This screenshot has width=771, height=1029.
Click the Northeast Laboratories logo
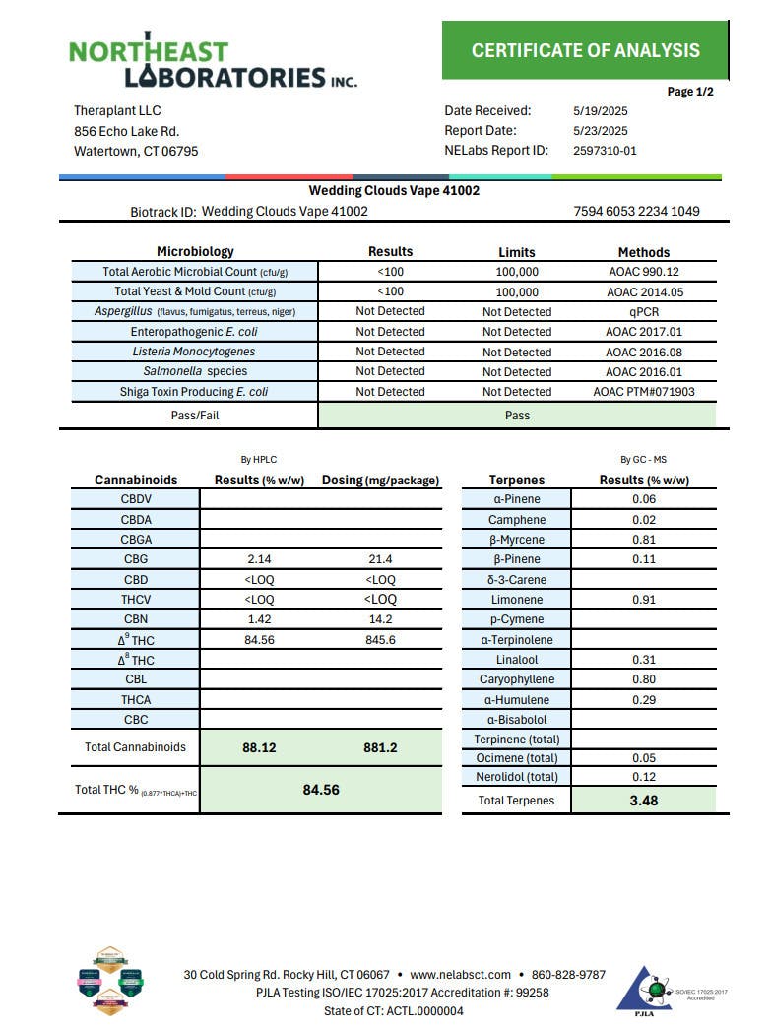212,64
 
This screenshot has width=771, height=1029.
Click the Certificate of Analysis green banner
585,51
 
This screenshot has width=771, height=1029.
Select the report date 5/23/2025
600,131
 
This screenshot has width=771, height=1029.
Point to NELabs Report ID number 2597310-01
605,151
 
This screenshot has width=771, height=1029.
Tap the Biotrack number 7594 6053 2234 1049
636,212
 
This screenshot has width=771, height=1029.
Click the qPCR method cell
643,312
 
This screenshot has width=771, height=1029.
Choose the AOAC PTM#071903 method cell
643,392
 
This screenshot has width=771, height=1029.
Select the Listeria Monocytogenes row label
194,352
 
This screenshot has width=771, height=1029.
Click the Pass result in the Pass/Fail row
517,416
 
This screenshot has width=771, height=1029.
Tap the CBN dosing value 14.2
380,619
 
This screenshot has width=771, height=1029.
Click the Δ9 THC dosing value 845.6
380,640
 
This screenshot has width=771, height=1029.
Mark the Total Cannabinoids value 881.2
380,748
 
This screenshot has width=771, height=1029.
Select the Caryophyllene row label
517,679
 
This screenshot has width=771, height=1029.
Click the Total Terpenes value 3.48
644,801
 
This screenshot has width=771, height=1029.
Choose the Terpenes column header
517,480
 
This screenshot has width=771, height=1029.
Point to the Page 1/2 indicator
690,92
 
